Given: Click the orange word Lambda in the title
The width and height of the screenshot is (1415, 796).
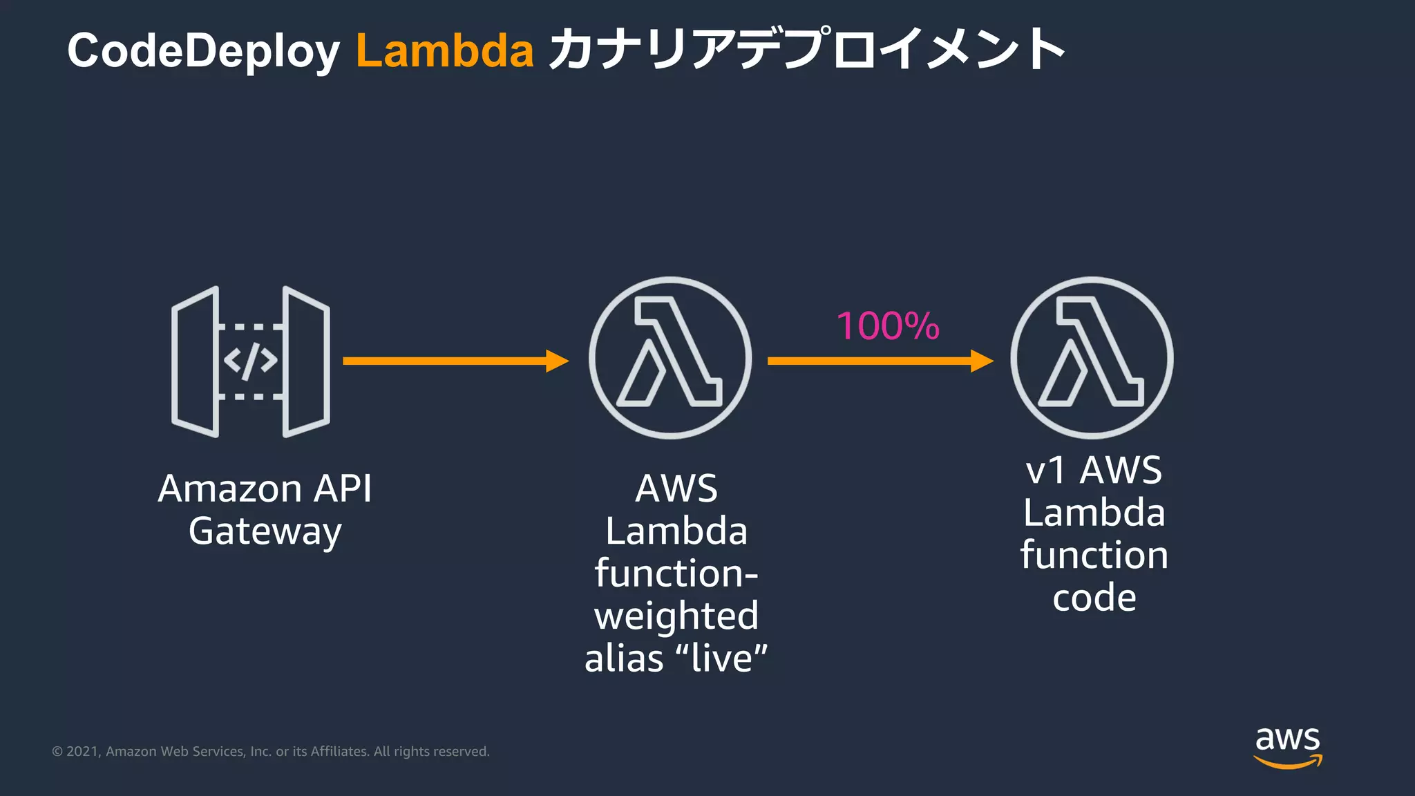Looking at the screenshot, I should (445, 51).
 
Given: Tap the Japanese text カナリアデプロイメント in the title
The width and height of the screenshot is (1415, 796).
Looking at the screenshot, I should (806, 50).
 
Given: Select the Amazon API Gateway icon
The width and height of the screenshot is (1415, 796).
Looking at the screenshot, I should (250, 361).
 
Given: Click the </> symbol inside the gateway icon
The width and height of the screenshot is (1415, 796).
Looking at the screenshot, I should (250, 361).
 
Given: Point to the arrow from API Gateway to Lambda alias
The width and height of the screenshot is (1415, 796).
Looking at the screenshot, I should (455, 361).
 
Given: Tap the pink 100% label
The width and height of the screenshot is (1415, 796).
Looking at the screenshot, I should (888, 326).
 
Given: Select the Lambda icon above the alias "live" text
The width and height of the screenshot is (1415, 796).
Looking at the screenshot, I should (669, 358).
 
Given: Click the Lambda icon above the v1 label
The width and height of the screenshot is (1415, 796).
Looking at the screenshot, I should (1092, 358).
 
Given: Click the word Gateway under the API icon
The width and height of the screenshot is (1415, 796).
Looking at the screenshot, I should (265, 532).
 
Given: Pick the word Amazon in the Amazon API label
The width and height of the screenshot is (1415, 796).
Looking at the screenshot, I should (230, 489).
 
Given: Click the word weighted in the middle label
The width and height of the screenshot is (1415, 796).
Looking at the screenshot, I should (676, 616).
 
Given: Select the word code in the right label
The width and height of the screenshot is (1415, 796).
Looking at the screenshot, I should (1094, 598).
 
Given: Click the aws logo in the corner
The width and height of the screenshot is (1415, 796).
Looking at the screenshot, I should (1288, 746).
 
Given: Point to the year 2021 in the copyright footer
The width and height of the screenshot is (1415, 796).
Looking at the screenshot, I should (82, 752).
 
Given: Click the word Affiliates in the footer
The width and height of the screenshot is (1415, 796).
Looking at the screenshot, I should (339, 752).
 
